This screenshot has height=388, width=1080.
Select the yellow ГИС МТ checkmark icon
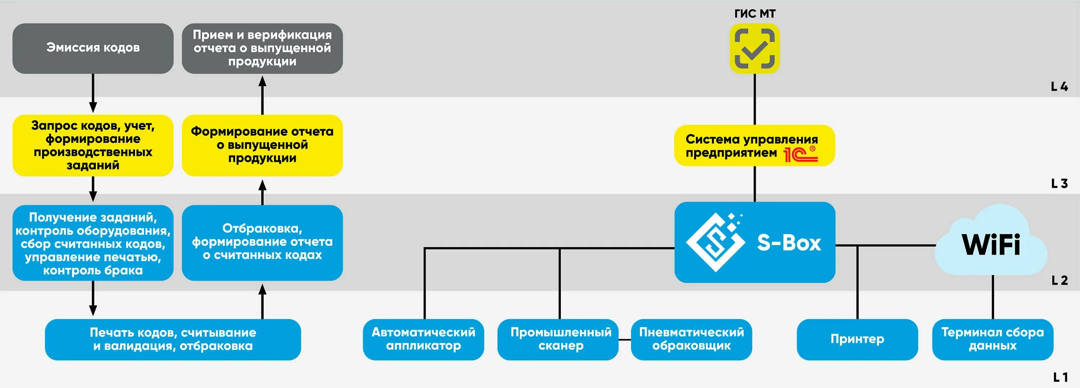pos(754,49)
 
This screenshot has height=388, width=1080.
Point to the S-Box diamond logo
pos(715,242)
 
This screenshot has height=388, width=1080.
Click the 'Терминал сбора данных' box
pos(993,339)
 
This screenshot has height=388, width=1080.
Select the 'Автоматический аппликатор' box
pos(423,339)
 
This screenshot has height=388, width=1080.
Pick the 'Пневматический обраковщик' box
pos(691,339)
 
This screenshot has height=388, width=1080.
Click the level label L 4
pos(1059,87)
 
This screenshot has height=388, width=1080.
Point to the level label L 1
pos(1060,377)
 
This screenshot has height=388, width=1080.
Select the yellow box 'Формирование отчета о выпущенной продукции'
pos(262,145)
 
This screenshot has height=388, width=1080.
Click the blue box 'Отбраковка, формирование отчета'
pos(262,242)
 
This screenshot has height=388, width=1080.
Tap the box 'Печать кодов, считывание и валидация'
pos(173,339)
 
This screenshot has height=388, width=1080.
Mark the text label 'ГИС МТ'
pos(755,14)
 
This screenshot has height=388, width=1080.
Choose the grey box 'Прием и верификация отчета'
pos(262,48)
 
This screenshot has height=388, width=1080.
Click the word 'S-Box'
pos(789,243)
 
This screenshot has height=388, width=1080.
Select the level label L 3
pos(1059,184)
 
